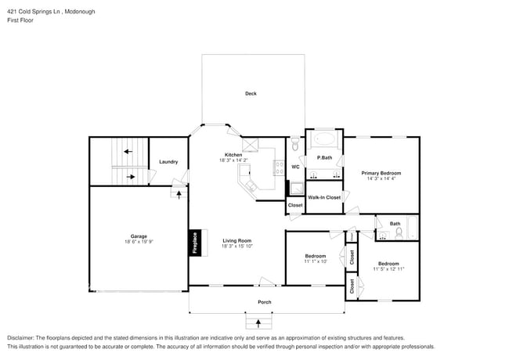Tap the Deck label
point(251,94)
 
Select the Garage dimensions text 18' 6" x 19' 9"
point(138,242)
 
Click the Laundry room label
point(168,162)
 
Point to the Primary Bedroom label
point(381,172)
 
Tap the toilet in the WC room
point(294,146)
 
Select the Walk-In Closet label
point(324,197)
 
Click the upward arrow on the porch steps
point(255,321)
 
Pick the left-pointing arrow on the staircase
point(126,151)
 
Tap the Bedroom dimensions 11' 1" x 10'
point(316,261)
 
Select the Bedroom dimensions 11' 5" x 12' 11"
point(388,269)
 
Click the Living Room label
point(236,240)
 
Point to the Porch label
point(265,301)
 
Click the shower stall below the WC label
point(295,187)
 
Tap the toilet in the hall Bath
point(399,233)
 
